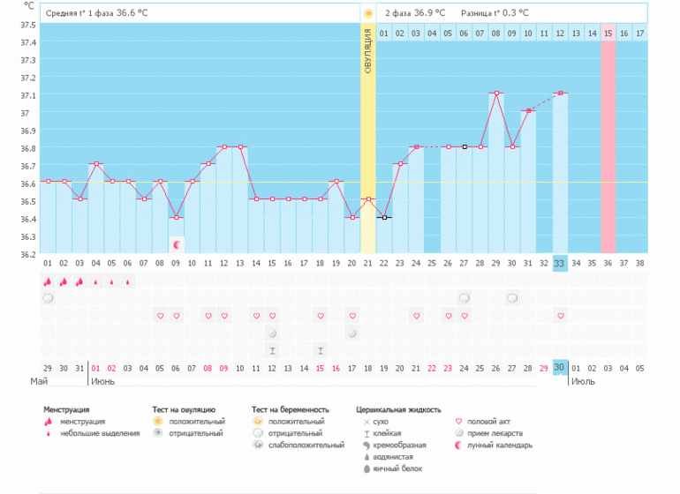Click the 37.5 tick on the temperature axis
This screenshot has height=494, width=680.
28,25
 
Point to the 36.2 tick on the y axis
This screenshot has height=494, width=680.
28,254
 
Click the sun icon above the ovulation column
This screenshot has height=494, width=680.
368,14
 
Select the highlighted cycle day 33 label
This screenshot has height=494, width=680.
560,263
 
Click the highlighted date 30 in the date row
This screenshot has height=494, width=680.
560,367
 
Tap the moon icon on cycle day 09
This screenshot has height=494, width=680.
176,244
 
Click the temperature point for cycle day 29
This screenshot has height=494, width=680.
496,93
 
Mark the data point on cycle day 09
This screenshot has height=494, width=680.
176,217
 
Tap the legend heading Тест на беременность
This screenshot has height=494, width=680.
290,409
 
